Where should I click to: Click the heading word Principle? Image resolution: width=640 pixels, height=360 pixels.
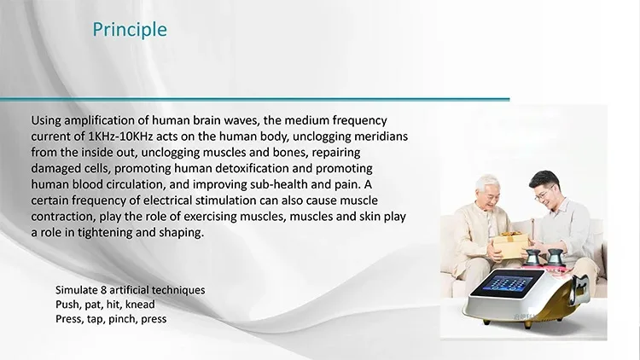tap(130, 30)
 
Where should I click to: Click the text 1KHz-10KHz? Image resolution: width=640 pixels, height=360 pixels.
tap(120, 136)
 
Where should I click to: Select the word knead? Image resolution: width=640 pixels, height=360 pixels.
tap(140, 305)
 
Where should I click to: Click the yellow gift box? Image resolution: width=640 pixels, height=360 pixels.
tap(509, 246)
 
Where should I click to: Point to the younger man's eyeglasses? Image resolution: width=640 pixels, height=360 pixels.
tap(544, 194)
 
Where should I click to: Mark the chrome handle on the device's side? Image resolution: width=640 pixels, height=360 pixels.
tap(579, 287)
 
